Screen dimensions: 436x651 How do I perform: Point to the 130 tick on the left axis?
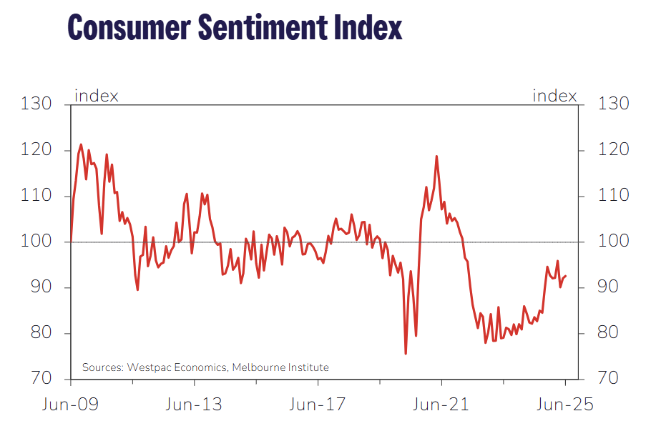tap(37, 104)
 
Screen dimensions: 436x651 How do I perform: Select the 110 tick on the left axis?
tap(37, 196)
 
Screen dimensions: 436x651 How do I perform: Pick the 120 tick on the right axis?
tap(612, 150)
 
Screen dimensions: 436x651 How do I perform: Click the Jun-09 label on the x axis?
tap(70, 405)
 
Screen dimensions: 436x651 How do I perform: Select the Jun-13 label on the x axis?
tap(194, 405)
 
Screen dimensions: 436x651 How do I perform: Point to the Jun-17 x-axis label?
tap(317, 405)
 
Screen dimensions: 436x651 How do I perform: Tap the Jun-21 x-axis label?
tap(441, 405)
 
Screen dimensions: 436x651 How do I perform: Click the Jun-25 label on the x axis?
tap(564, 405)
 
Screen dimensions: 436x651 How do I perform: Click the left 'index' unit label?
tap(97, 95)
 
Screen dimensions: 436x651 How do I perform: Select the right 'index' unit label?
tap(554, 95)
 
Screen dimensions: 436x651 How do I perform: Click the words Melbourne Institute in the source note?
tap(283, 367)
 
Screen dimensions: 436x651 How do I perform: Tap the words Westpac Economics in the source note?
tap(176, 367)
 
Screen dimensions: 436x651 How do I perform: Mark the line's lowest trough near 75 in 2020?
tap(406, 353)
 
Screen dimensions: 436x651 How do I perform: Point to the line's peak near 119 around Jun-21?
tap(436, 157)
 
